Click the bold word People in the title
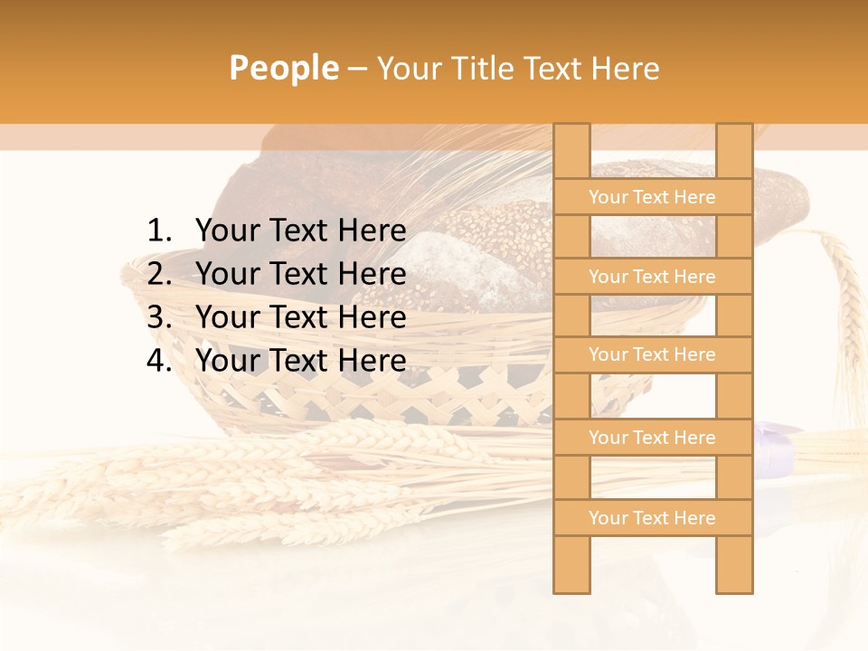coord(283,68)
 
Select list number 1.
coord(158,231)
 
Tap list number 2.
coord(158,274)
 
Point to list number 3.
coord(158,317)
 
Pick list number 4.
coord(158,361)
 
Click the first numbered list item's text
coord(300,231)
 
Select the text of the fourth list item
coord(300,361)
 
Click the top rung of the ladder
coord(652,197)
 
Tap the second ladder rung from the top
coord(652,277)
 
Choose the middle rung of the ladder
coord(652,354)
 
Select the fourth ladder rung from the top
coord(652,438)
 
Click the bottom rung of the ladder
coord(652,518)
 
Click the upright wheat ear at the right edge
coord(845,289)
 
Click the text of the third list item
coord(300,317)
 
